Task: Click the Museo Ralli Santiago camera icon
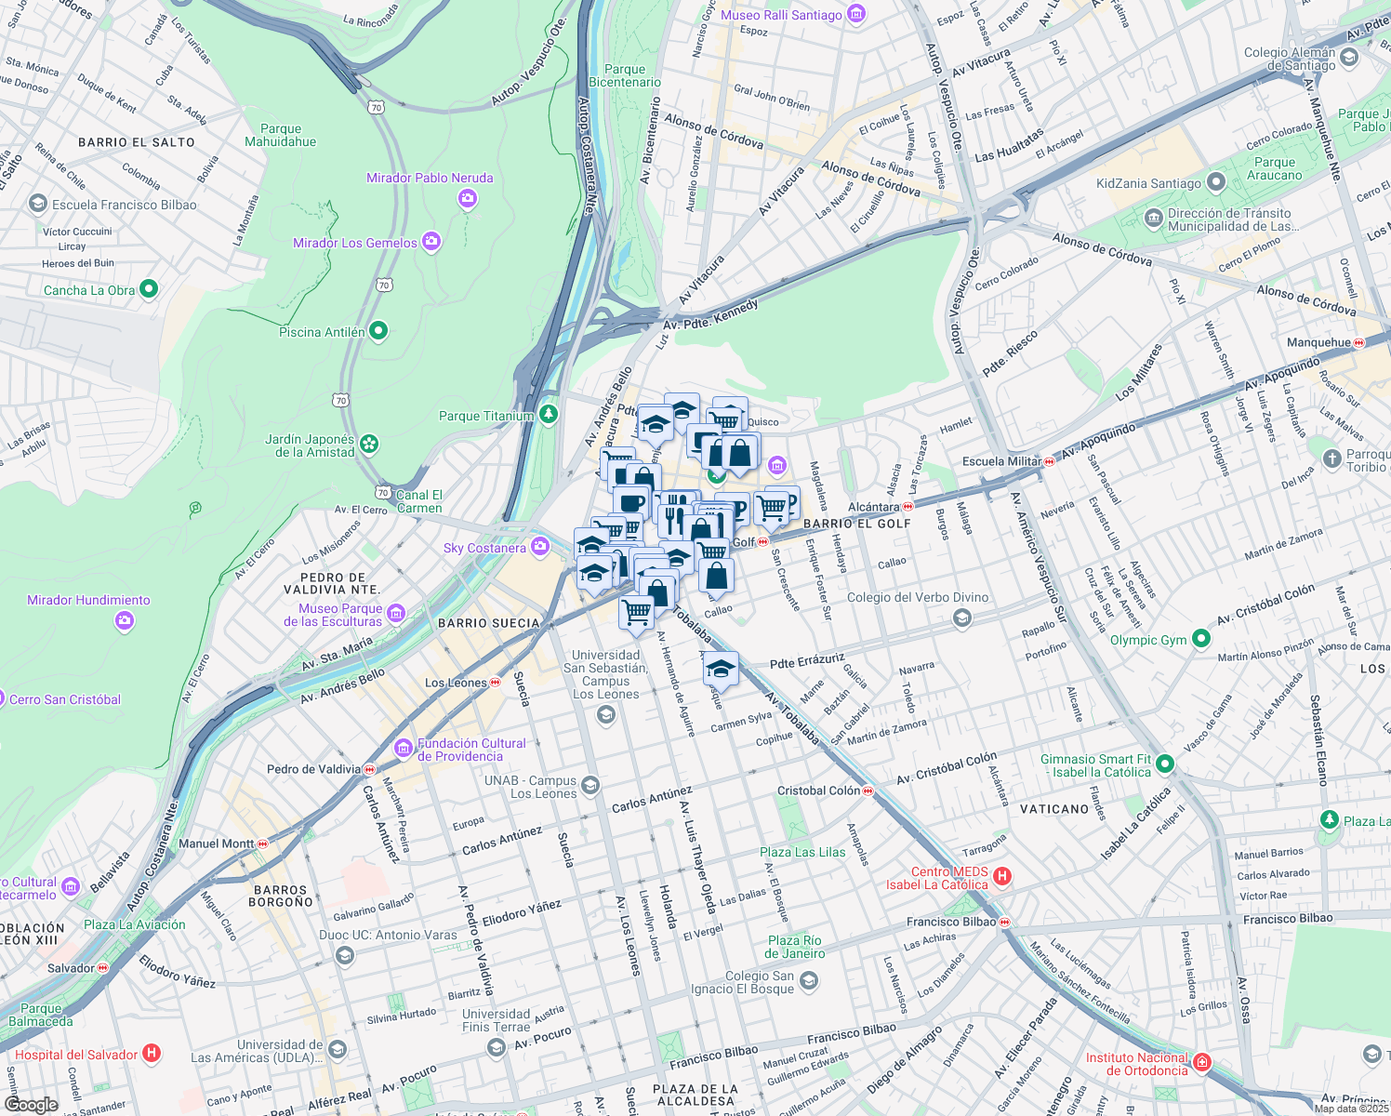[856, 14]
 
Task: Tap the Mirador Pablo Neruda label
[430, 178]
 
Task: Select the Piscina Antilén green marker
[378, 331]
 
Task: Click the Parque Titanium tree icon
[549, 414]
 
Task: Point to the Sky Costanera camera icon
[539, 546]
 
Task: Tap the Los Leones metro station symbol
[496, 683]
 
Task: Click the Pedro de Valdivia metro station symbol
[369, 769]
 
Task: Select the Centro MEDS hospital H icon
[1002, 876]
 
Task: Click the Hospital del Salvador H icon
[152, 1054]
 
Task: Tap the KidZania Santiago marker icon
[1214, 182]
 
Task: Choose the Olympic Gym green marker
[1200, 639]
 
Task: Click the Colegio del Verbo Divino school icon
[962, 618]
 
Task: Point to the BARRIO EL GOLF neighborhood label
[856, 524]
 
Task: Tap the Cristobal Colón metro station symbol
[868, 790]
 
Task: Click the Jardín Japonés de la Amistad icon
[369, 445]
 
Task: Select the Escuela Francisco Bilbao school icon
[38, 204]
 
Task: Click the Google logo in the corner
[31, 1105]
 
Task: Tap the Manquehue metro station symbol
[1359, 342]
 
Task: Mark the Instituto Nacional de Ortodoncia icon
[1201, 1062]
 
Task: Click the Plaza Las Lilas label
[802, 852]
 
